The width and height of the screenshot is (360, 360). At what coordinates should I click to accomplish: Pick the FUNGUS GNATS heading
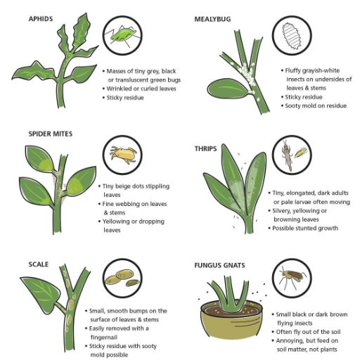tap(222, 266)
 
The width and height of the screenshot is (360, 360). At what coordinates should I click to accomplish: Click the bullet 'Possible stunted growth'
tap(307, 228)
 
